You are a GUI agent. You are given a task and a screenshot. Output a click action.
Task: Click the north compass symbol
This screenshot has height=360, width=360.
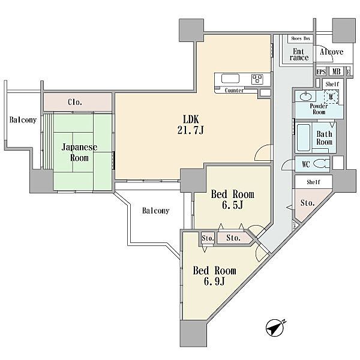pos(275,328)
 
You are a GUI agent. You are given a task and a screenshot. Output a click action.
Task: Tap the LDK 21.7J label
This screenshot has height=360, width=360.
pos(191,125)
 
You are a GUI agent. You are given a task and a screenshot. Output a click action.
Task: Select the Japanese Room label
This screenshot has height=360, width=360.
pos(79,152)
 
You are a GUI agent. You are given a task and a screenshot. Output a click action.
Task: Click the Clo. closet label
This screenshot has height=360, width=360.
pos(75,102)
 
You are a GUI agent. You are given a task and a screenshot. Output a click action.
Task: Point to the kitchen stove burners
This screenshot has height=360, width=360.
pos(257,79)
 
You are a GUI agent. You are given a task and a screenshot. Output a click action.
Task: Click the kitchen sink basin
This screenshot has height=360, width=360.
pos(230,79)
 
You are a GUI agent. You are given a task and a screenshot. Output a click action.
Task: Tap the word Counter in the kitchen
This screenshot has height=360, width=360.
pos(234,90)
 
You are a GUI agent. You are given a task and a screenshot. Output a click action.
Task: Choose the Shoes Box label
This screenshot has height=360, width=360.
pos(301,38)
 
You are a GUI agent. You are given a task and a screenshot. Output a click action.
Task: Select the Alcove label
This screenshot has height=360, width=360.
pos(332,52)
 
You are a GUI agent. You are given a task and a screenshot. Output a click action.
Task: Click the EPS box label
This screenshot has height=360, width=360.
pos(321,72)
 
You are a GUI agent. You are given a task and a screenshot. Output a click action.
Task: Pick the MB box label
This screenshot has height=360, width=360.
pos(336,71)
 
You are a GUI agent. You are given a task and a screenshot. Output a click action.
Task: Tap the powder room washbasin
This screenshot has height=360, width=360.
pos(306,96)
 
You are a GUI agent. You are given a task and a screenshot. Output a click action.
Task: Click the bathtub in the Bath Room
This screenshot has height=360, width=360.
pos(304,138)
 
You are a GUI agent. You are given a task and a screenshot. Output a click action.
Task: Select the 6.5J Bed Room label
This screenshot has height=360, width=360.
pos(232,199)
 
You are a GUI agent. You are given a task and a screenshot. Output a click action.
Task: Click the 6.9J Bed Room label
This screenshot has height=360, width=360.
pos(214,275)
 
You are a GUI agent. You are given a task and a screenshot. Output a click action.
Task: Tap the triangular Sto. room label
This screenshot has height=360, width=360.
pos(308,203)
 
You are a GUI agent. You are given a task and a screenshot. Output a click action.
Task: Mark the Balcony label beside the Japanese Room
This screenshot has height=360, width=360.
pos(23,120)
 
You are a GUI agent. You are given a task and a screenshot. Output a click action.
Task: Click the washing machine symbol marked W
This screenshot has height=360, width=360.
pos(331,97)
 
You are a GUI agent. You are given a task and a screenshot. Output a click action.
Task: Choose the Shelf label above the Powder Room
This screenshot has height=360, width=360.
pos(332,84)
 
